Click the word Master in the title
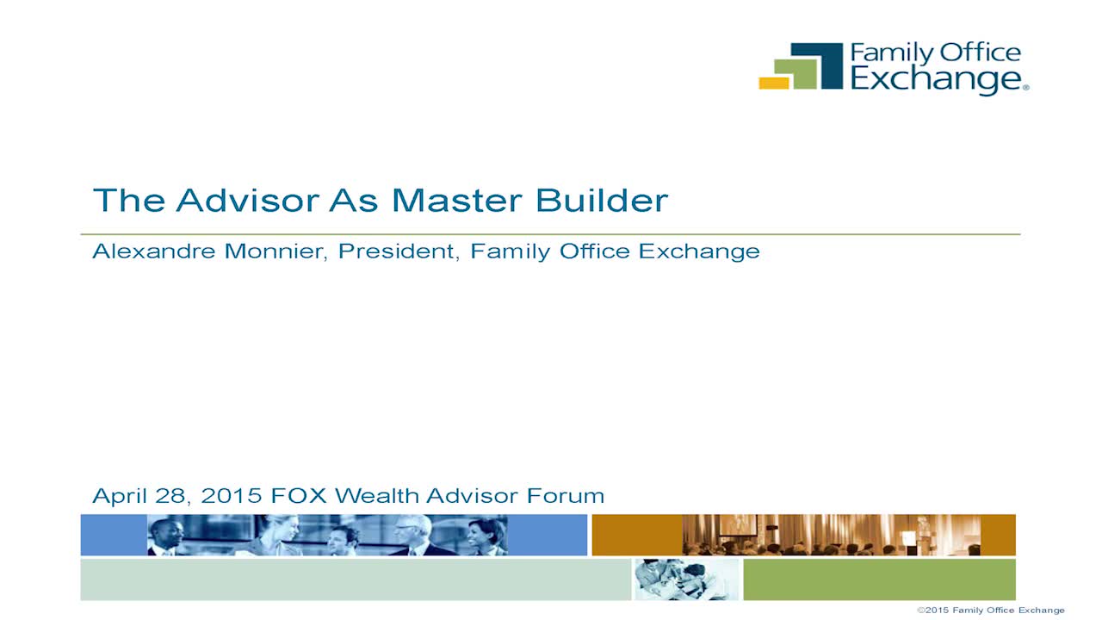(456, 201)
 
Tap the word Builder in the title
(602, 201)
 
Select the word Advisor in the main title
(248, 201)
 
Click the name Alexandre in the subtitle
(153, 251)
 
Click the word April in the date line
(120, 496)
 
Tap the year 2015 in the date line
(232, 495)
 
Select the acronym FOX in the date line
(299, 495)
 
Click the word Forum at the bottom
(566, 495)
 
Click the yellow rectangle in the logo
(773, 84)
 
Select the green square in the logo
(794, 74)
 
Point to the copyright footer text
(991, 611)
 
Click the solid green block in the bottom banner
(879, 580)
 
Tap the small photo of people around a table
(687, 580)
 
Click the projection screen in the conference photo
(738, 524)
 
